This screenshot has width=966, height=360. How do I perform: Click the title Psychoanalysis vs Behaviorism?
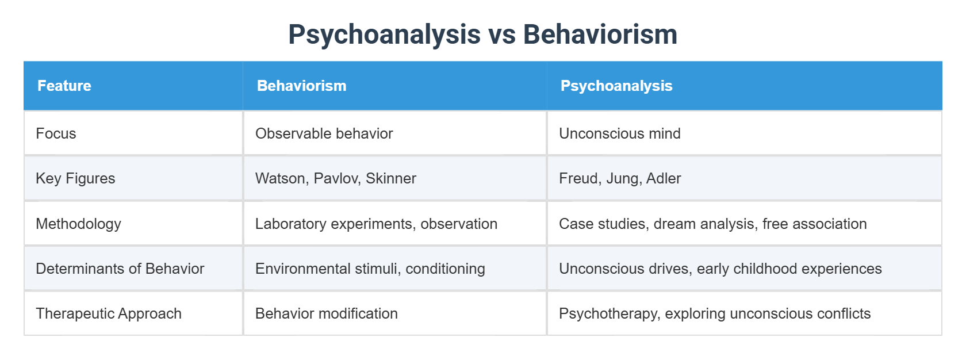[482, 35]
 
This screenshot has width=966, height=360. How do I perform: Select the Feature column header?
[64, 86]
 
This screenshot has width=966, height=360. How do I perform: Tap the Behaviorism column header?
[301, 86]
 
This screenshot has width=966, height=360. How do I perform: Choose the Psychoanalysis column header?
[616, 86]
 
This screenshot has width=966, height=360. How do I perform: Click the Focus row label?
[56, 133]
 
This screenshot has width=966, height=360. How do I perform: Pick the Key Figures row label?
[75, 178]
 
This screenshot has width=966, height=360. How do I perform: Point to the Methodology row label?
[78, 224]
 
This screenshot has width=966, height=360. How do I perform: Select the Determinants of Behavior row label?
[120, 269]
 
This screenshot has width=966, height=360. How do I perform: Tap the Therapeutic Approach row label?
[109, 313]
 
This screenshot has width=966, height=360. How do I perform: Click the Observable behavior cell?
[324, 133]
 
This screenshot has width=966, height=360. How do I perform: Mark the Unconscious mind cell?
[619, 133]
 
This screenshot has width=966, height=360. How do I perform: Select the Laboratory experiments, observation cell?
[376, 224]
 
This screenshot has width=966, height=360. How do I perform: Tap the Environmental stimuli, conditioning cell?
[370, 269]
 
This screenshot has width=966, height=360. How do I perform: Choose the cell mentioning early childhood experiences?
[720, 269]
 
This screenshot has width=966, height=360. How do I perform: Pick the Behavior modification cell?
[326, 313]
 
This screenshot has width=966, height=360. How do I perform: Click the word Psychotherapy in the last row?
[609, 313]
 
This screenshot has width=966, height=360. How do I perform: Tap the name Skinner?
[391, 178]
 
